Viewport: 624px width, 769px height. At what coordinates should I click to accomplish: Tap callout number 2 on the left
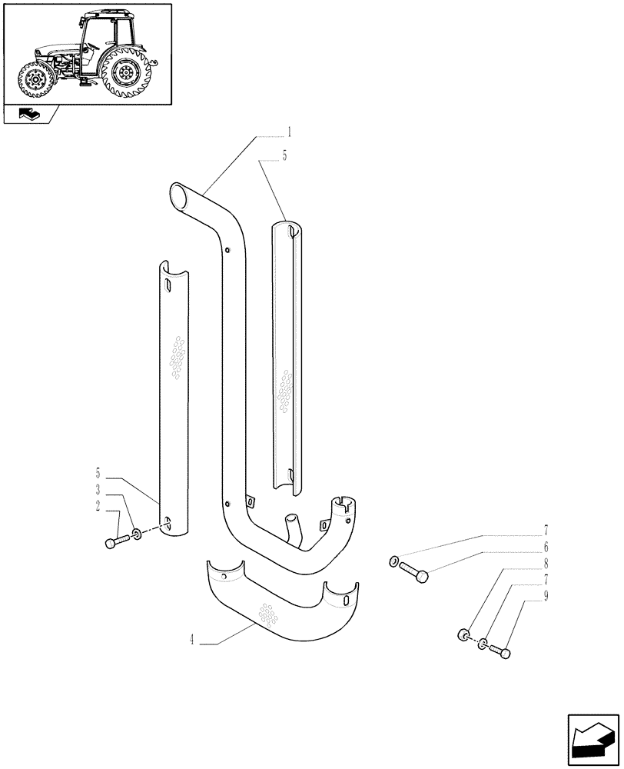tap(98, 506)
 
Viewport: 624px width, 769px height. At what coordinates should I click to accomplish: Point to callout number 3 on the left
tap(98, 491)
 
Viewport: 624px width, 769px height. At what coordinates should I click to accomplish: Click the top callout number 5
tap(285, 156)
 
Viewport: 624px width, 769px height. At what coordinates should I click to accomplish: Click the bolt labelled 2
tap(113, 542)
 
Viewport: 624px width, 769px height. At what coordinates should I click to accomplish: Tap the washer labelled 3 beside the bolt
tap(136, 534)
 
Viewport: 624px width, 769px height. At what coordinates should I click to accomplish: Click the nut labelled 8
tap(463, 635)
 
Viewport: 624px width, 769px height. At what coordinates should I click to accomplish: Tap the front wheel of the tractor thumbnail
tap(35, 80)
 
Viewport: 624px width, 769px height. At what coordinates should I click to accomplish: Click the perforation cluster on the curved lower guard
tap(267, 614)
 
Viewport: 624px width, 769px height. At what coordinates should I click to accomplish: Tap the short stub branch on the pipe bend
tap(292, 529)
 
